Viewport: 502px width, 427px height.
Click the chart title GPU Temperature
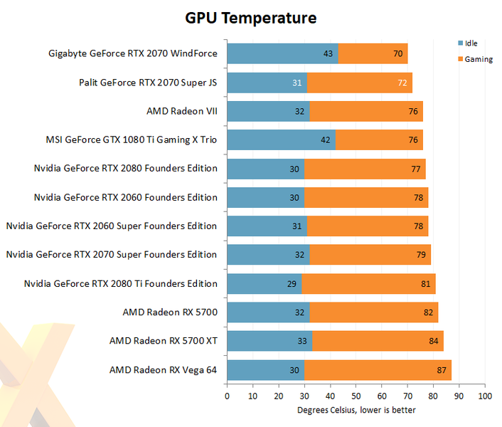[x=251, y=17]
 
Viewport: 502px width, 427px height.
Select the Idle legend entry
[x=470, y=43]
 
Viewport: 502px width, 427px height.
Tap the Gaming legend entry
[x=478, y=59]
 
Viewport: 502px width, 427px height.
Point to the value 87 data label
[x=442, y=370]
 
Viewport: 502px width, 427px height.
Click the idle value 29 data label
[x=291, y=284]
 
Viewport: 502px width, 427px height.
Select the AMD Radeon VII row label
[x=181, y=111]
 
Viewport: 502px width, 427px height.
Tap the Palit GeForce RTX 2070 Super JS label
[x=148, y=82]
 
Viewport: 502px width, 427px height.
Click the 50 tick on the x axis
[x=356, y=396]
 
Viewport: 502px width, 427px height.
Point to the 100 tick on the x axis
[x=484, y=396]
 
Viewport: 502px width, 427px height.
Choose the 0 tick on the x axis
[x=227, y=396]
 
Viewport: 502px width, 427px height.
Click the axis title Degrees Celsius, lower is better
[x=356, y=410]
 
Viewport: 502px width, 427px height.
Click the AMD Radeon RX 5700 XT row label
[x=163, y=341]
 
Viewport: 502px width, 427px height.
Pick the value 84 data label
[x=433, y=341]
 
